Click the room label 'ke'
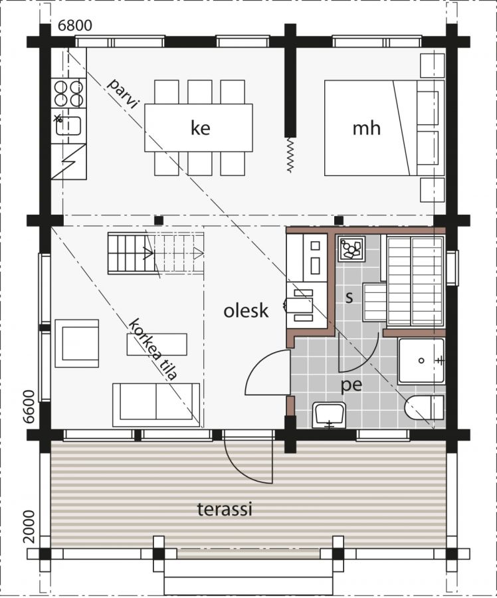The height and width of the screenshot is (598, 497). (x=200, y=128)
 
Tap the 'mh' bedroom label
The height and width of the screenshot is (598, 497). (x=366, y=128)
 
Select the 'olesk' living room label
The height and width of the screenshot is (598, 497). (x=246, y=311)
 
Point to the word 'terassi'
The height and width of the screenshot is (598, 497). (x=225, y=509)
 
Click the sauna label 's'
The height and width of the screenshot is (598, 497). (x=349, y=298)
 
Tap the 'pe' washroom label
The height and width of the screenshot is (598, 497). (x=351, y=386)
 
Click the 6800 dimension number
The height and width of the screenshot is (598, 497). (x=75, y=25)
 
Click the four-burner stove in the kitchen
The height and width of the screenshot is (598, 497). (x=69, y=94)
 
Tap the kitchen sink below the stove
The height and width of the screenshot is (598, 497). (x=68, y=126)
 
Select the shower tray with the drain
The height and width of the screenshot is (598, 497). (x=421, y=361)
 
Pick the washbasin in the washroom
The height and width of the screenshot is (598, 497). (x=329, y=415)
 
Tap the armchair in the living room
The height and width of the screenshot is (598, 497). (x=77, y=344)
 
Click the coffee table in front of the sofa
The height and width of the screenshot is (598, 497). (x=157, y=344)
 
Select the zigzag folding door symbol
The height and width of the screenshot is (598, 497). (x=290, y=154)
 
